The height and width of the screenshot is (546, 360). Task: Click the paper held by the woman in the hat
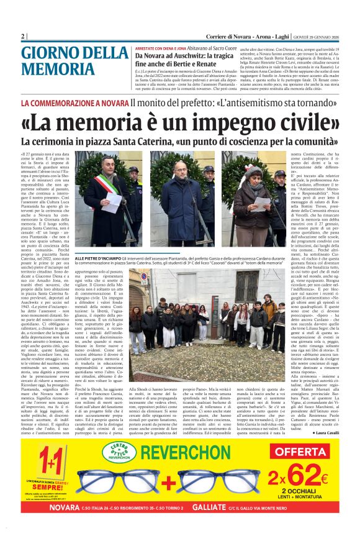click(x=262, y=202)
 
